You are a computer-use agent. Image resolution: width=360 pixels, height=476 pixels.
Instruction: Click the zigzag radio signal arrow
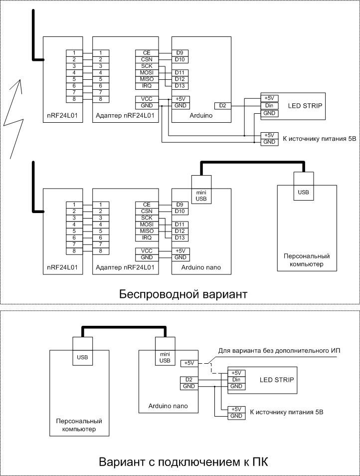coord(13,119)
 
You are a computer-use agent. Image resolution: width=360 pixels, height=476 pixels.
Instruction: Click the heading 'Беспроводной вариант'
coord(183,294)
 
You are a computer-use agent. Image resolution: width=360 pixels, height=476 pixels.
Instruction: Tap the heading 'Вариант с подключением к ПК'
coord(183,462)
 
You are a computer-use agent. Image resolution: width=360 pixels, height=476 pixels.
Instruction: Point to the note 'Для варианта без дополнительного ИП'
coord(279,351)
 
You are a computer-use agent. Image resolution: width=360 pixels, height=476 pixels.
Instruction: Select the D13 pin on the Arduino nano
coord(180,238)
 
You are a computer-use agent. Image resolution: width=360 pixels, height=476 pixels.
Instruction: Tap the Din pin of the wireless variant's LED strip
coord(269,106)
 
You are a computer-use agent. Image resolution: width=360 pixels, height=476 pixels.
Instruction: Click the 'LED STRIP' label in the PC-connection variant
coord(277,380)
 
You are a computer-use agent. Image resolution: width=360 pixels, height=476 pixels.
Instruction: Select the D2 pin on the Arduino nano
coord(189,380)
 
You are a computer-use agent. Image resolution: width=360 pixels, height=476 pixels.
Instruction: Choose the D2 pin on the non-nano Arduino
coord(222,106)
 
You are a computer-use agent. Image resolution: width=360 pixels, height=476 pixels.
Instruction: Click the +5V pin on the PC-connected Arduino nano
coord(189,363)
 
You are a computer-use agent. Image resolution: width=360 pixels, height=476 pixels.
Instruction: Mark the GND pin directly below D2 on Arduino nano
coord(189,387)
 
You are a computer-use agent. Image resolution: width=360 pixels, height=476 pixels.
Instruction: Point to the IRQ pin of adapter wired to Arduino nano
coord(147,238)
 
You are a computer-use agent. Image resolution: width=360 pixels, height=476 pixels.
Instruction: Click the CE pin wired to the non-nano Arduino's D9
coord(147,53)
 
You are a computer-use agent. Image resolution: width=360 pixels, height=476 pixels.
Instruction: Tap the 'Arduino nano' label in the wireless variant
coord(201,267)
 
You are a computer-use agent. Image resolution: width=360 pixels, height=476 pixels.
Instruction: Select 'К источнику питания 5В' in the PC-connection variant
coord(287,412)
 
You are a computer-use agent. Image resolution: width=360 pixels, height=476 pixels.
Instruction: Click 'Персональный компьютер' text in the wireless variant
coord(307,260)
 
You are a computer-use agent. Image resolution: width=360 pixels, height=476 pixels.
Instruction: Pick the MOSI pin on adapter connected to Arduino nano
coord(147,225)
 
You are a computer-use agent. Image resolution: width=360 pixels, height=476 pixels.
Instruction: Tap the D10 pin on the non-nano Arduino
coord(180,59)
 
